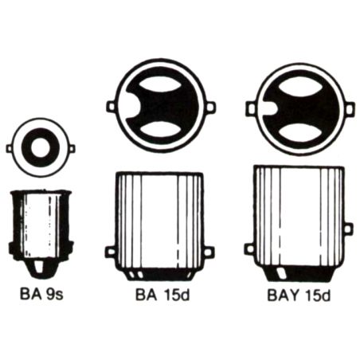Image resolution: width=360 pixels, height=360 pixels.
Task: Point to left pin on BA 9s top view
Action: point(10,148)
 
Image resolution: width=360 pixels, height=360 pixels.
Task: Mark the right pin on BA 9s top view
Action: point(72,148)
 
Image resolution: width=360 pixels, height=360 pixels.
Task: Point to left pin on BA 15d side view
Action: point(110,252)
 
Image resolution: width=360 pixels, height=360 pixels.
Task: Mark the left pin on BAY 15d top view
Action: point(250,106)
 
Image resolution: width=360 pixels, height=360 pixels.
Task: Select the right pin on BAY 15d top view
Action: point(349,106)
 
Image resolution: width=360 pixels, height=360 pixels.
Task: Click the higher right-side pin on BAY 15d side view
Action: point(347,229)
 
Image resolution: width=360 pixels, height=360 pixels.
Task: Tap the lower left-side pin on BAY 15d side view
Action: point(248,252)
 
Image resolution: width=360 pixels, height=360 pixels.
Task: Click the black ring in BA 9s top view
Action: point(29,148)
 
